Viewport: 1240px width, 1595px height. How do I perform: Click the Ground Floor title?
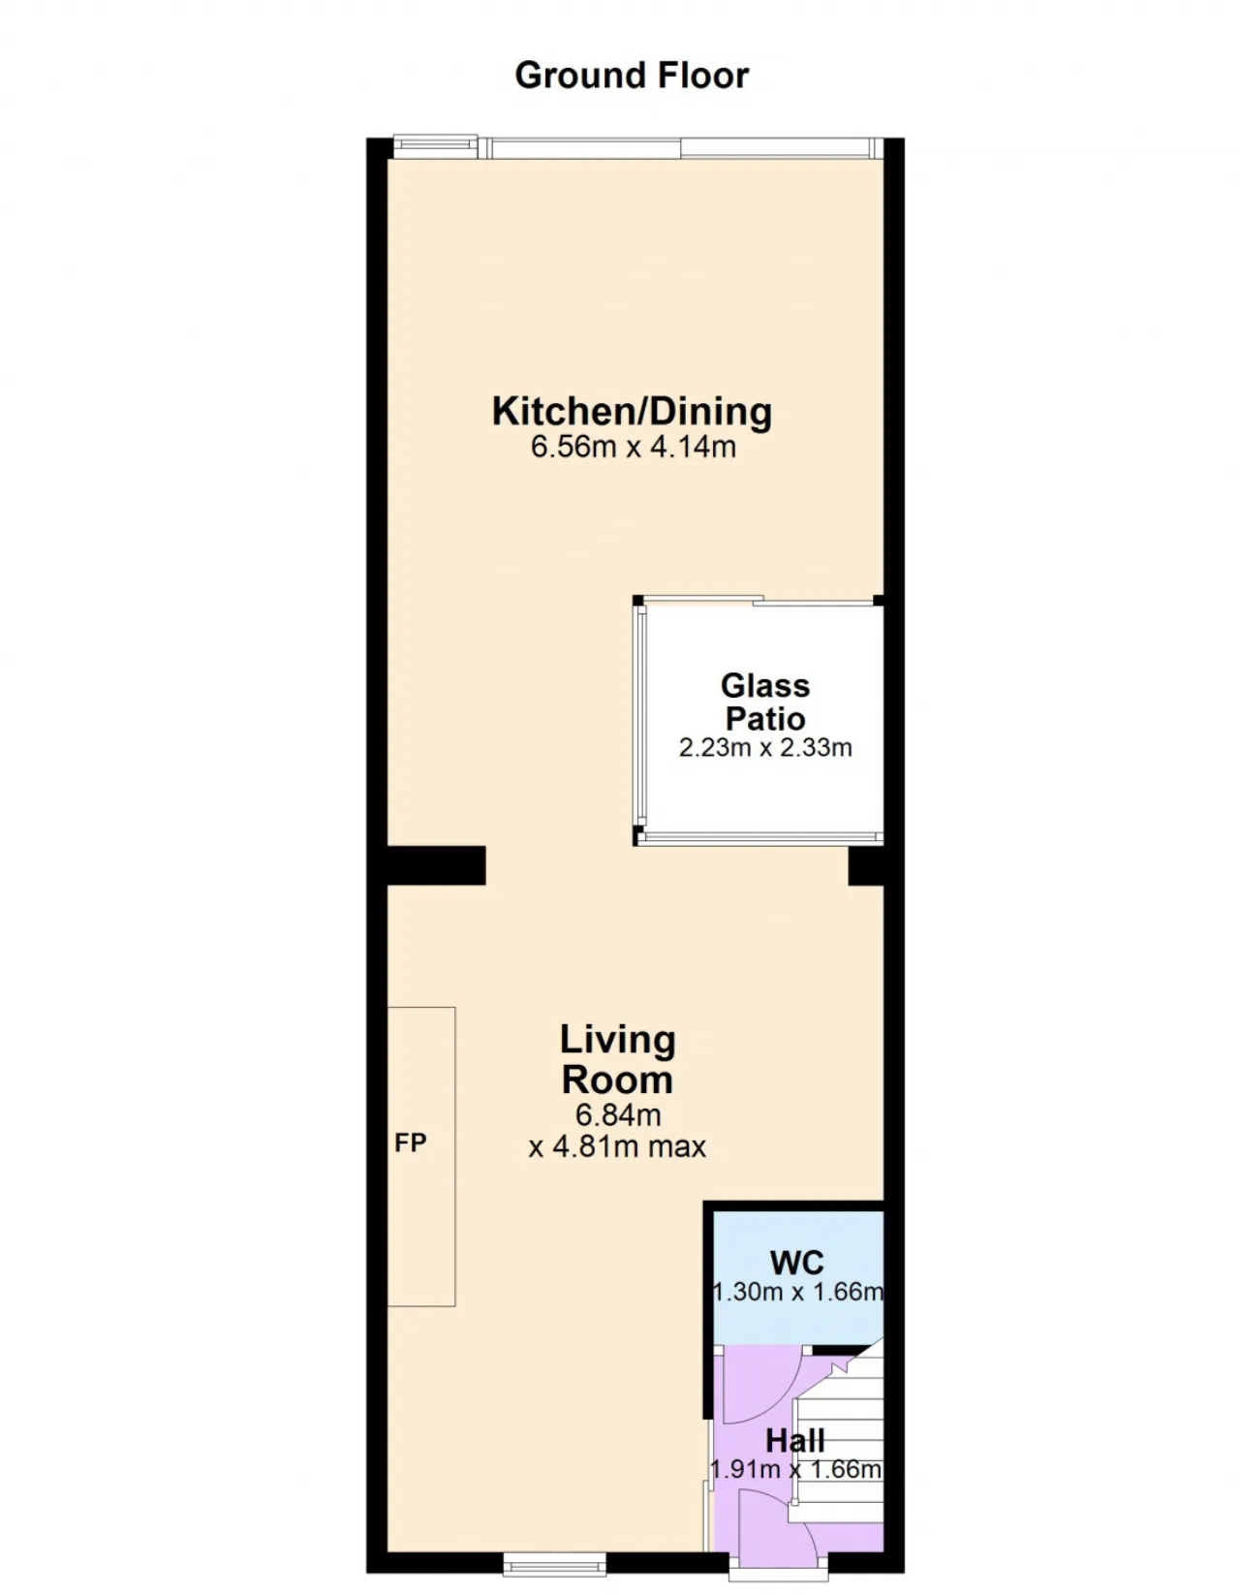click(x=631, y=76)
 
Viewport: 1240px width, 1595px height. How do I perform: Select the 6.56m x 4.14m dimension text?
click(x=633, y=447)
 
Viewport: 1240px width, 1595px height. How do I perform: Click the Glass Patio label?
click(x=765, y=702)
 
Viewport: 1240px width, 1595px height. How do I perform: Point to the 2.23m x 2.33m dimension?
click(x=765, y=747)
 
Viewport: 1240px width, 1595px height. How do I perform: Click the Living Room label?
click(x=617, y=1059)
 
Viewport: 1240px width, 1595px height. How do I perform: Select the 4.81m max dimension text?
click(x=629, y=1145)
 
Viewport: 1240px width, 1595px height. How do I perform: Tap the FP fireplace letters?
click(x=410, y=1142)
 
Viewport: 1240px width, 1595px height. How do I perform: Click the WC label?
click(x=797, y=1263)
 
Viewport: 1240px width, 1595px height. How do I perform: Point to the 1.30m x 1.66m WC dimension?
click(x=798, y=1292)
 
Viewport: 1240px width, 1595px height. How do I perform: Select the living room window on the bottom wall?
click(x=555, y=1564)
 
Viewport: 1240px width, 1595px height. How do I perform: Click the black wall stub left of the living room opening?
click(x=436, y=865)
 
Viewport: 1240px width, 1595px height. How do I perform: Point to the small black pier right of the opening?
click(x=866, y=867)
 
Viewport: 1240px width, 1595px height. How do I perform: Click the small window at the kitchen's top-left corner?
click(x=435, y=146)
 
